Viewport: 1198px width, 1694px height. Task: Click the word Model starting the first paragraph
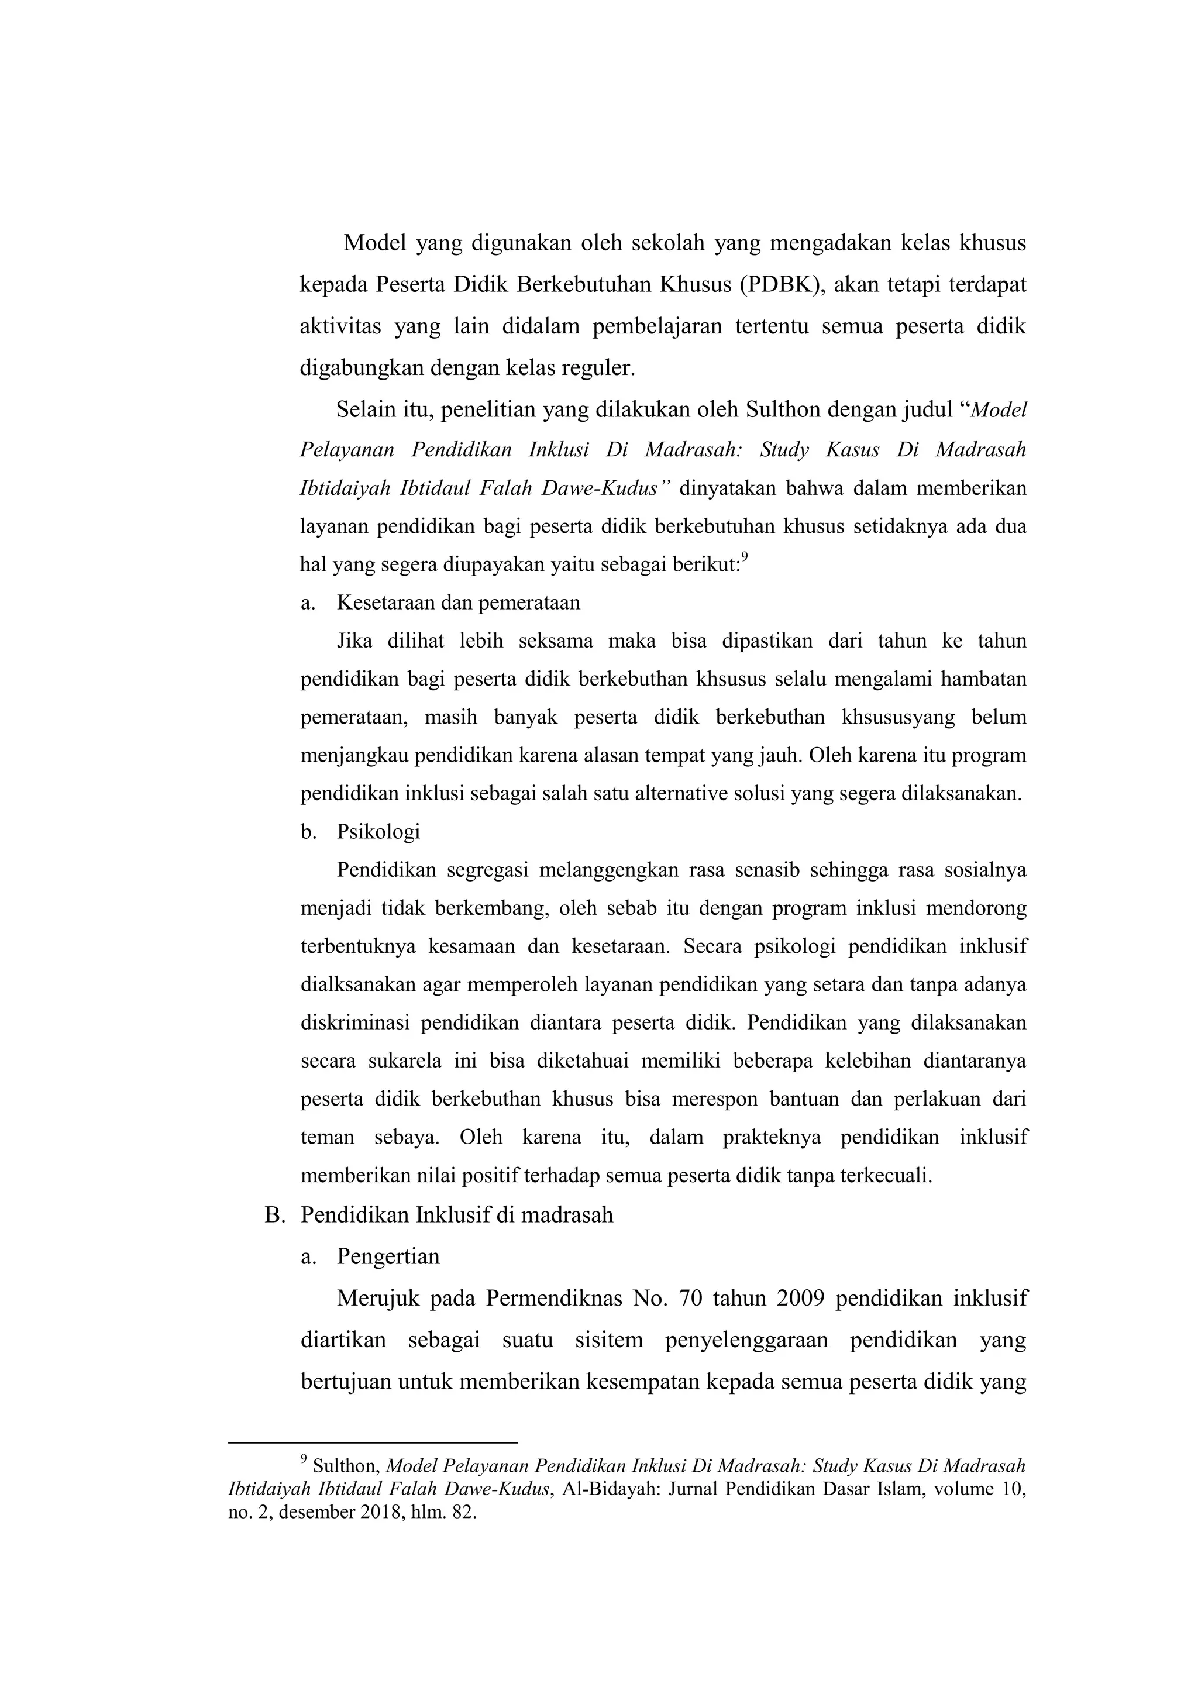376,243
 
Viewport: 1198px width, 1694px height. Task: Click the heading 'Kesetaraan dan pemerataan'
458,603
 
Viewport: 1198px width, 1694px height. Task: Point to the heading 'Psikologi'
378,832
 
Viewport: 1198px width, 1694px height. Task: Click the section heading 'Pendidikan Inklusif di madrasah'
457,1215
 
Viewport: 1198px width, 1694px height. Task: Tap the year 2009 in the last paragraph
800,1299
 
